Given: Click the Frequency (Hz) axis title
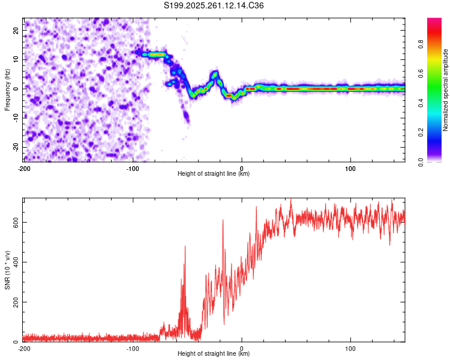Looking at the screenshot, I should coord(7,89).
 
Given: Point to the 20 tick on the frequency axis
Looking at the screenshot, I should coord(16,30).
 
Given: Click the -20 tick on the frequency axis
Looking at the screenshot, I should coord(14,147).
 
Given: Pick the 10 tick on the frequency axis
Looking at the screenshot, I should coord(16,59).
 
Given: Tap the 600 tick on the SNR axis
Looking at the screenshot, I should coord(13,222).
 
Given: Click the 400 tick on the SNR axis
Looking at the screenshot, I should coord(13,262).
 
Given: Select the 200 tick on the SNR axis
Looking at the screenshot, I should coord(13,302).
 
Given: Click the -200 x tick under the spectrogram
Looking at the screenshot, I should coord(24,167).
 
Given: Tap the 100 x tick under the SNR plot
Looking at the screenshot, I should coord(350,348).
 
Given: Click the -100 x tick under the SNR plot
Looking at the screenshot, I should coord(133,348).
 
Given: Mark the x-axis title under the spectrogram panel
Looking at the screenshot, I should coord(214,174).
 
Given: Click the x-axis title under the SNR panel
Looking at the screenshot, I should coord(214,354).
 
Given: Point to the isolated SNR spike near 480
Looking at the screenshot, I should coord(185,247).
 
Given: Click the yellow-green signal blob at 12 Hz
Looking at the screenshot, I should coord(157,54).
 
